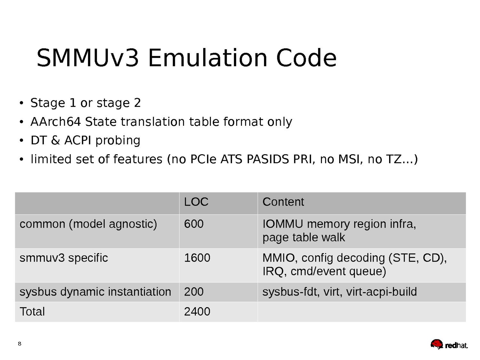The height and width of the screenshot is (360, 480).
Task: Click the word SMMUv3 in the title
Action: (88, 58)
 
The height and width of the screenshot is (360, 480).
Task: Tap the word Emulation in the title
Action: (208, 58)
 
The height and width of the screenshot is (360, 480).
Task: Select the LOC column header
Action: (196, 202)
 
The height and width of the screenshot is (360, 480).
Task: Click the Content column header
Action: (283, 202)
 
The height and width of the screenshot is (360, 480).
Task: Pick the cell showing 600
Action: (194, 224)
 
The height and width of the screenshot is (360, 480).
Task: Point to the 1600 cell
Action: (197, 258)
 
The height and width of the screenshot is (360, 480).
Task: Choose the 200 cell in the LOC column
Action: (194, 292)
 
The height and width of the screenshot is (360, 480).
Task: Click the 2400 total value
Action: (197, 312)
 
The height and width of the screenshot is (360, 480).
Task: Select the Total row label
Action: (32, 312)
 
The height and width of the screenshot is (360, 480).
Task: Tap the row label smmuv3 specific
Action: (64, 258)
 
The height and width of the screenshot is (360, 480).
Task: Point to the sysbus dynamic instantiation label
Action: (95, 292)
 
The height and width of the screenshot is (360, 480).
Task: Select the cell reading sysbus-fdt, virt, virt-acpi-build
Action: (340, 292)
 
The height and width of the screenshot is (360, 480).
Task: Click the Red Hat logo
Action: (449, 344)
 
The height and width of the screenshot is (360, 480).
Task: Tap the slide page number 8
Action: (20, 344)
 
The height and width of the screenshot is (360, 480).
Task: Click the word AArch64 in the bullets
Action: (56, 122)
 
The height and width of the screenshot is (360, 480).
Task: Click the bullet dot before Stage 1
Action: (21, 103)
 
